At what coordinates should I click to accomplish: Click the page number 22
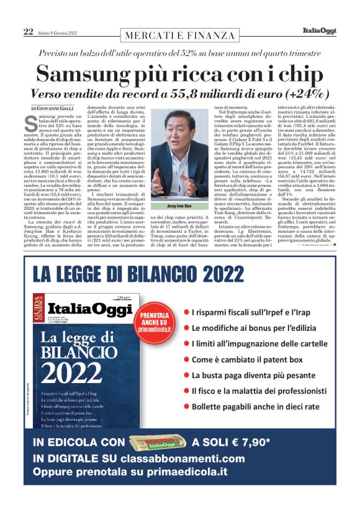pos(28,31)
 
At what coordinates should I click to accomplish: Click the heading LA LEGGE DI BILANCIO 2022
pos(130,273)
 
